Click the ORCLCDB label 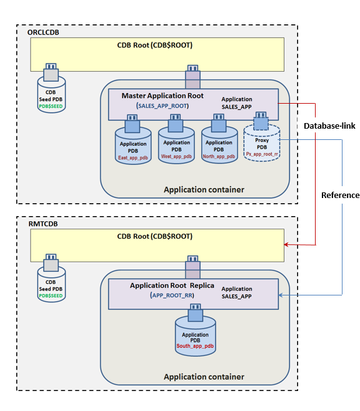click(x=43, y=32)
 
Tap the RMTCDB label click(x=43, y=224)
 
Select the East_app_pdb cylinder click(x=133, y=146)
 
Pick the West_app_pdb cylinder click(x=176, y=145)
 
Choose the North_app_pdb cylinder click(x=219, y=145)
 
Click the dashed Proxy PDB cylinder click(x=262, y=143)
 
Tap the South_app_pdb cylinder click(x=196, y=336)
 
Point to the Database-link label click(x=329, y=126)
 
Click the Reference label click(x=341, y=196)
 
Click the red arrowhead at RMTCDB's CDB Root click(x=286, y=245)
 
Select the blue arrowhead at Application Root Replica click(x=281, y=295)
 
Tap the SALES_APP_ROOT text click(x=162, y=106)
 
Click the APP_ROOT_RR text click(x=172, y=295)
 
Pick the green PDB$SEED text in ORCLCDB click(x=51, y=106)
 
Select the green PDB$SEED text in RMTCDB click(x=51, y=296)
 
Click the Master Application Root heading click(x=162, y=96)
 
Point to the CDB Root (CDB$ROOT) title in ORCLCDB click(x=155, y=46)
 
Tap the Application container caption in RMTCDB click(x=204, y=377)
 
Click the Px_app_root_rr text click(x=262, y=154)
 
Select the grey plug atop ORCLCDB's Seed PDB click(x=51, y=72)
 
